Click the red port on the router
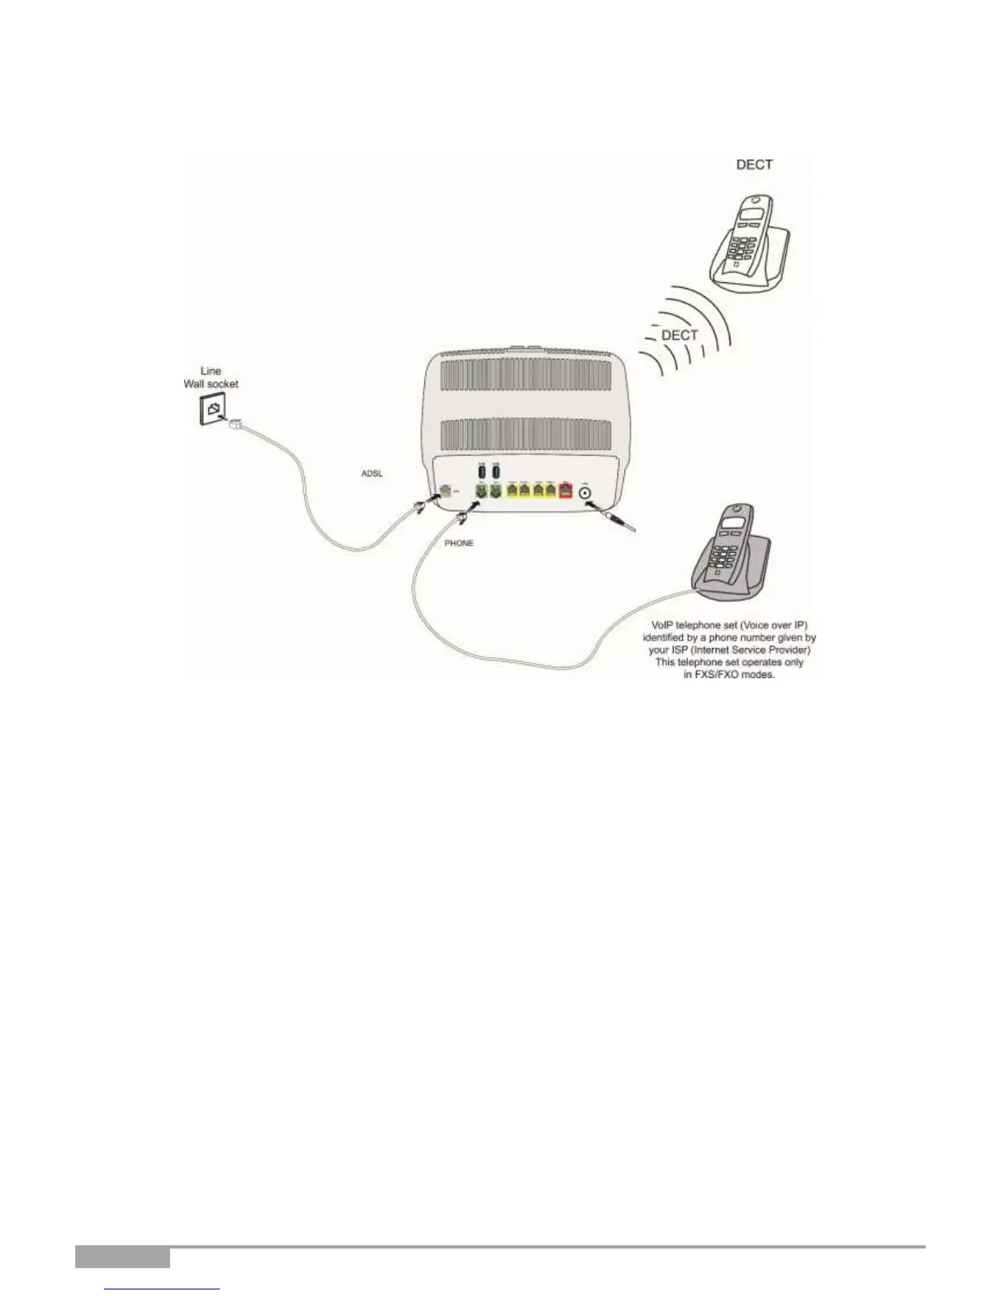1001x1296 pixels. [564, 491]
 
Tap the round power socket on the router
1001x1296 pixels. [586, 492]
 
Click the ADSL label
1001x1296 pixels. [372, 474]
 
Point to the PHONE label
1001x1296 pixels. [459, 542]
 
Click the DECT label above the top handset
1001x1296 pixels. [754, 164]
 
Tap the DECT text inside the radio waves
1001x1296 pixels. [679, 335]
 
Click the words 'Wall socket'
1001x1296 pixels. [211, 384]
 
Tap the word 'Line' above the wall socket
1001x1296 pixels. [211, 371]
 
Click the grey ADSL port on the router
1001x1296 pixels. [444, 491]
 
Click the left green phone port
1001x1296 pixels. [482, 492]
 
